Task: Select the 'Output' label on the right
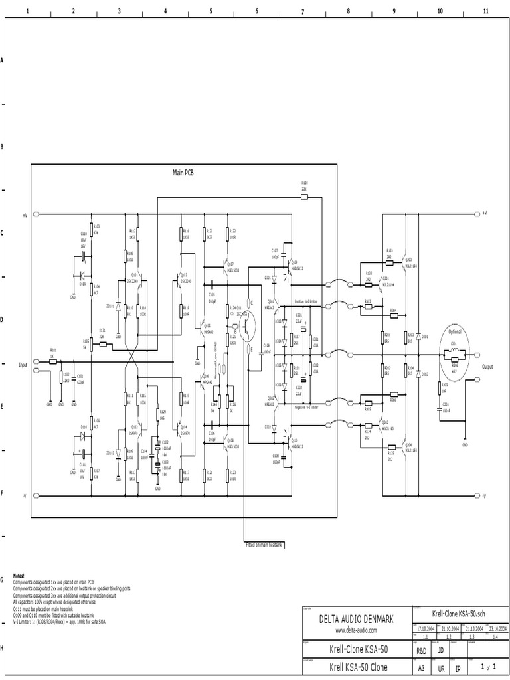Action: pos(488,366)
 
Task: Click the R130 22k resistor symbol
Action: pos(305,197)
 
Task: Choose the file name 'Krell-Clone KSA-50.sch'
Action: pos(460,614)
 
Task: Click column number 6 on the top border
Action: pos(256,11)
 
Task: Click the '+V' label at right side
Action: pos(485,214)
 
